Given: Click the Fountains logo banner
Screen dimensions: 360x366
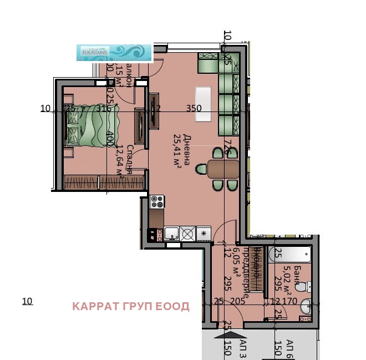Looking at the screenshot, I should pyautogui.click(x=114, y=52).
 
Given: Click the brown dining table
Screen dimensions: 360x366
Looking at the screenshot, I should pyautogui.click(x=223, y=168).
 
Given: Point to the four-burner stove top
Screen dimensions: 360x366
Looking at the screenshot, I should pyautogui.click(x=157, y=201).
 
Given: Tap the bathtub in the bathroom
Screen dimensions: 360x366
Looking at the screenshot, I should pyautogui.click(x=291, y=255).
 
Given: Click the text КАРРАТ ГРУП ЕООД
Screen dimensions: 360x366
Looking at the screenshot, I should pyautogui.click(x=131, y=307).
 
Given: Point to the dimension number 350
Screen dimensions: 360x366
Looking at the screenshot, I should pyautogui.click(x=194, y=109).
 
